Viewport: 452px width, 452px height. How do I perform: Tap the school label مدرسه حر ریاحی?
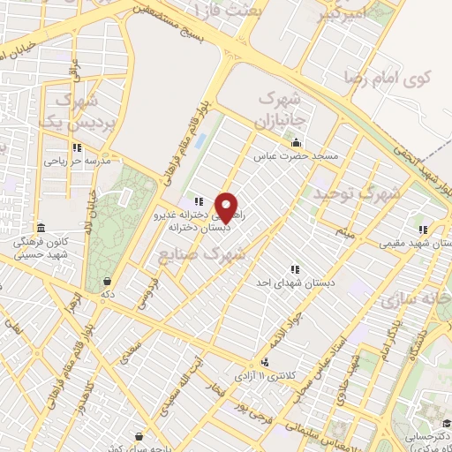point(78,162)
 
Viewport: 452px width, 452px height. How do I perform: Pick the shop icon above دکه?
point(106,282)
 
